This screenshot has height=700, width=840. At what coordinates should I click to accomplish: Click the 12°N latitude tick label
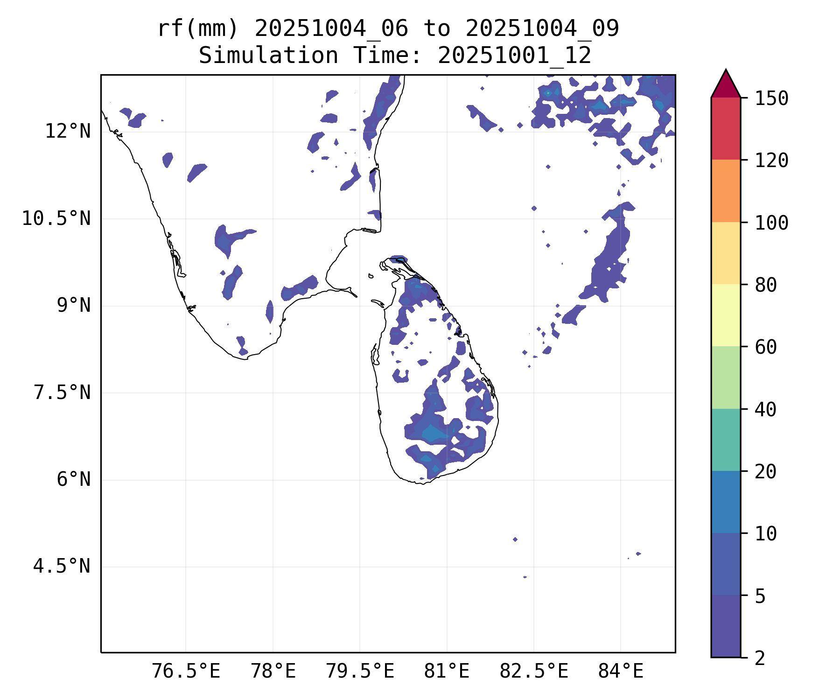coord(68,132)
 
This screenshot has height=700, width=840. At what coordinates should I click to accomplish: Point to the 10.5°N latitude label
coord(56,218)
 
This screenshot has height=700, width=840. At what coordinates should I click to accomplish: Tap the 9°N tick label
coord(73,306)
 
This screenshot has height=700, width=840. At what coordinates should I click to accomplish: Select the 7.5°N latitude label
coord(62,392)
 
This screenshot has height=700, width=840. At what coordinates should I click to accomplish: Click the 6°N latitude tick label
coord(73,480)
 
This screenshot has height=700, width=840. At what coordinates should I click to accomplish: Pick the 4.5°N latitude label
coord(62,567)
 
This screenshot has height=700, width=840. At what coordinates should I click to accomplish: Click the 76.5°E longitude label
coord(186,672)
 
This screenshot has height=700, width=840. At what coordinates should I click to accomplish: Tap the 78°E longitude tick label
coord(273,672)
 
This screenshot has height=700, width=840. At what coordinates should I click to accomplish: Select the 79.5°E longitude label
coord(360,672)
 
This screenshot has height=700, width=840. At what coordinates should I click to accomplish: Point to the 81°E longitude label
coord(447,672)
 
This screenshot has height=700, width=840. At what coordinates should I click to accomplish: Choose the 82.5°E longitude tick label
coord(534,672)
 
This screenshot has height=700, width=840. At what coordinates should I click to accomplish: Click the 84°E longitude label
coord(621,672)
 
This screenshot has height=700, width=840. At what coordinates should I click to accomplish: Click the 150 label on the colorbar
coord(771,98)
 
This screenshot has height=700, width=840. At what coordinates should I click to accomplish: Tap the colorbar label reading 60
coord(766,347)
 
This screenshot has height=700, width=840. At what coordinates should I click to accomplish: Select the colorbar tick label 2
coord(760,658)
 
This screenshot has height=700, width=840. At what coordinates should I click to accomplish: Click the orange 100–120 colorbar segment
coord(726,191)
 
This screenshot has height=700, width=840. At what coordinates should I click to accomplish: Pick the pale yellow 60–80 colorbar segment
coord(726,315)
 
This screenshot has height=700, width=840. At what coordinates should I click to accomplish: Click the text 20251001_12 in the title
coord(515,56)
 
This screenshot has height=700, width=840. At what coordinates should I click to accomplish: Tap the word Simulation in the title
coord(268,56)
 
